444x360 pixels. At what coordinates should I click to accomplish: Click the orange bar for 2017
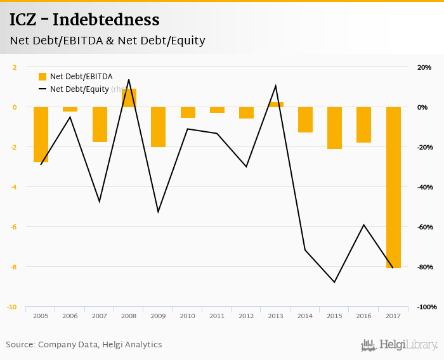(x=393, y=187)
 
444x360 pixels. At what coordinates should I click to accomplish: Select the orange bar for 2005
(x=41, y=134)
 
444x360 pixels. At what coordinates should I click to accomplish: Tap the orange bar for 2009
(x=159, y=127)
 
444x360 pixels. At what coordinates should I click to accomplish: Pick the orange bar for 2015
(x=334, y=128)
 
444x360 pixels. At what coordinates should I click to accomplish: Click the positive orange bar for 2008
(x=129, y=98)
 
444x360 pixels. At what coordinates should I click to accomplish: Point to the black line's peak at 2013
(x=275, y=86)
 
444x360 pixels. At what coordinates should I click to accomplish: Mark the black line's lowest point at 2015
(x=334, y=282)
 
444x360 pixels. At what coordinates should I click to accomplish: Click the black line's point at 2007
(x=100, y=202)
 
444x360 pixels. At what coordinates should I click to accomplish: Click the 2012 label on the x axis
(x=246, y=316)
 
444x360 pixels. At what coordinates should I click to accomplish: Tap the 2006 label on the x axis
(x=70, y=316)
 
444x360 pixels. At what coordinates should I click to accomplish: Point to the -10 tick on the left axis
(x=12, y=307)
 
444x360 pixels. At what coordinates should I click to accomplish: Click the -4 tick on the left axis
(x=13, y=187)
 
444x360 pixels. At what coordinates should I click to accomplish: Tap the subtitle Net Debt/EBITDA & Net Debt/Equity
(x=107, y=41)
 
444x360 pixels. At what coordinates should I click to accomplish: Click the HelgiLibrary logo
(x=400, y=345)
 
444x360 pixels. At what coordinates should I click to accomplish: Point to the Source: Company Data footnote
(x=84, y=345)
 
